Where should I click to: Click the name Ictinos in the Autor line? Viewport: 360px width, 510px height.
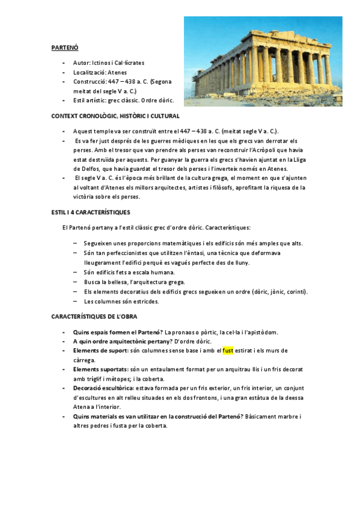(x=100, y=63)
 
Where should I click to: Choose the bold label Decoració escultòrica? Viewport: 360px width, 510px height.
(x=104, y=388)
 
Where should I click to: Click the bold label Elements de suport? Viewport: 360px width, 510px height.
(x=100, y=350)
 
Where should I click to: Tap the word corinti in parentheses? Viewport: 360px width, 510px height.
(x=295, y=292)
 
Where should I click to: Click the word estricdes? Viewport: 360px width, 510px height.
(x=145, y=301)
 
